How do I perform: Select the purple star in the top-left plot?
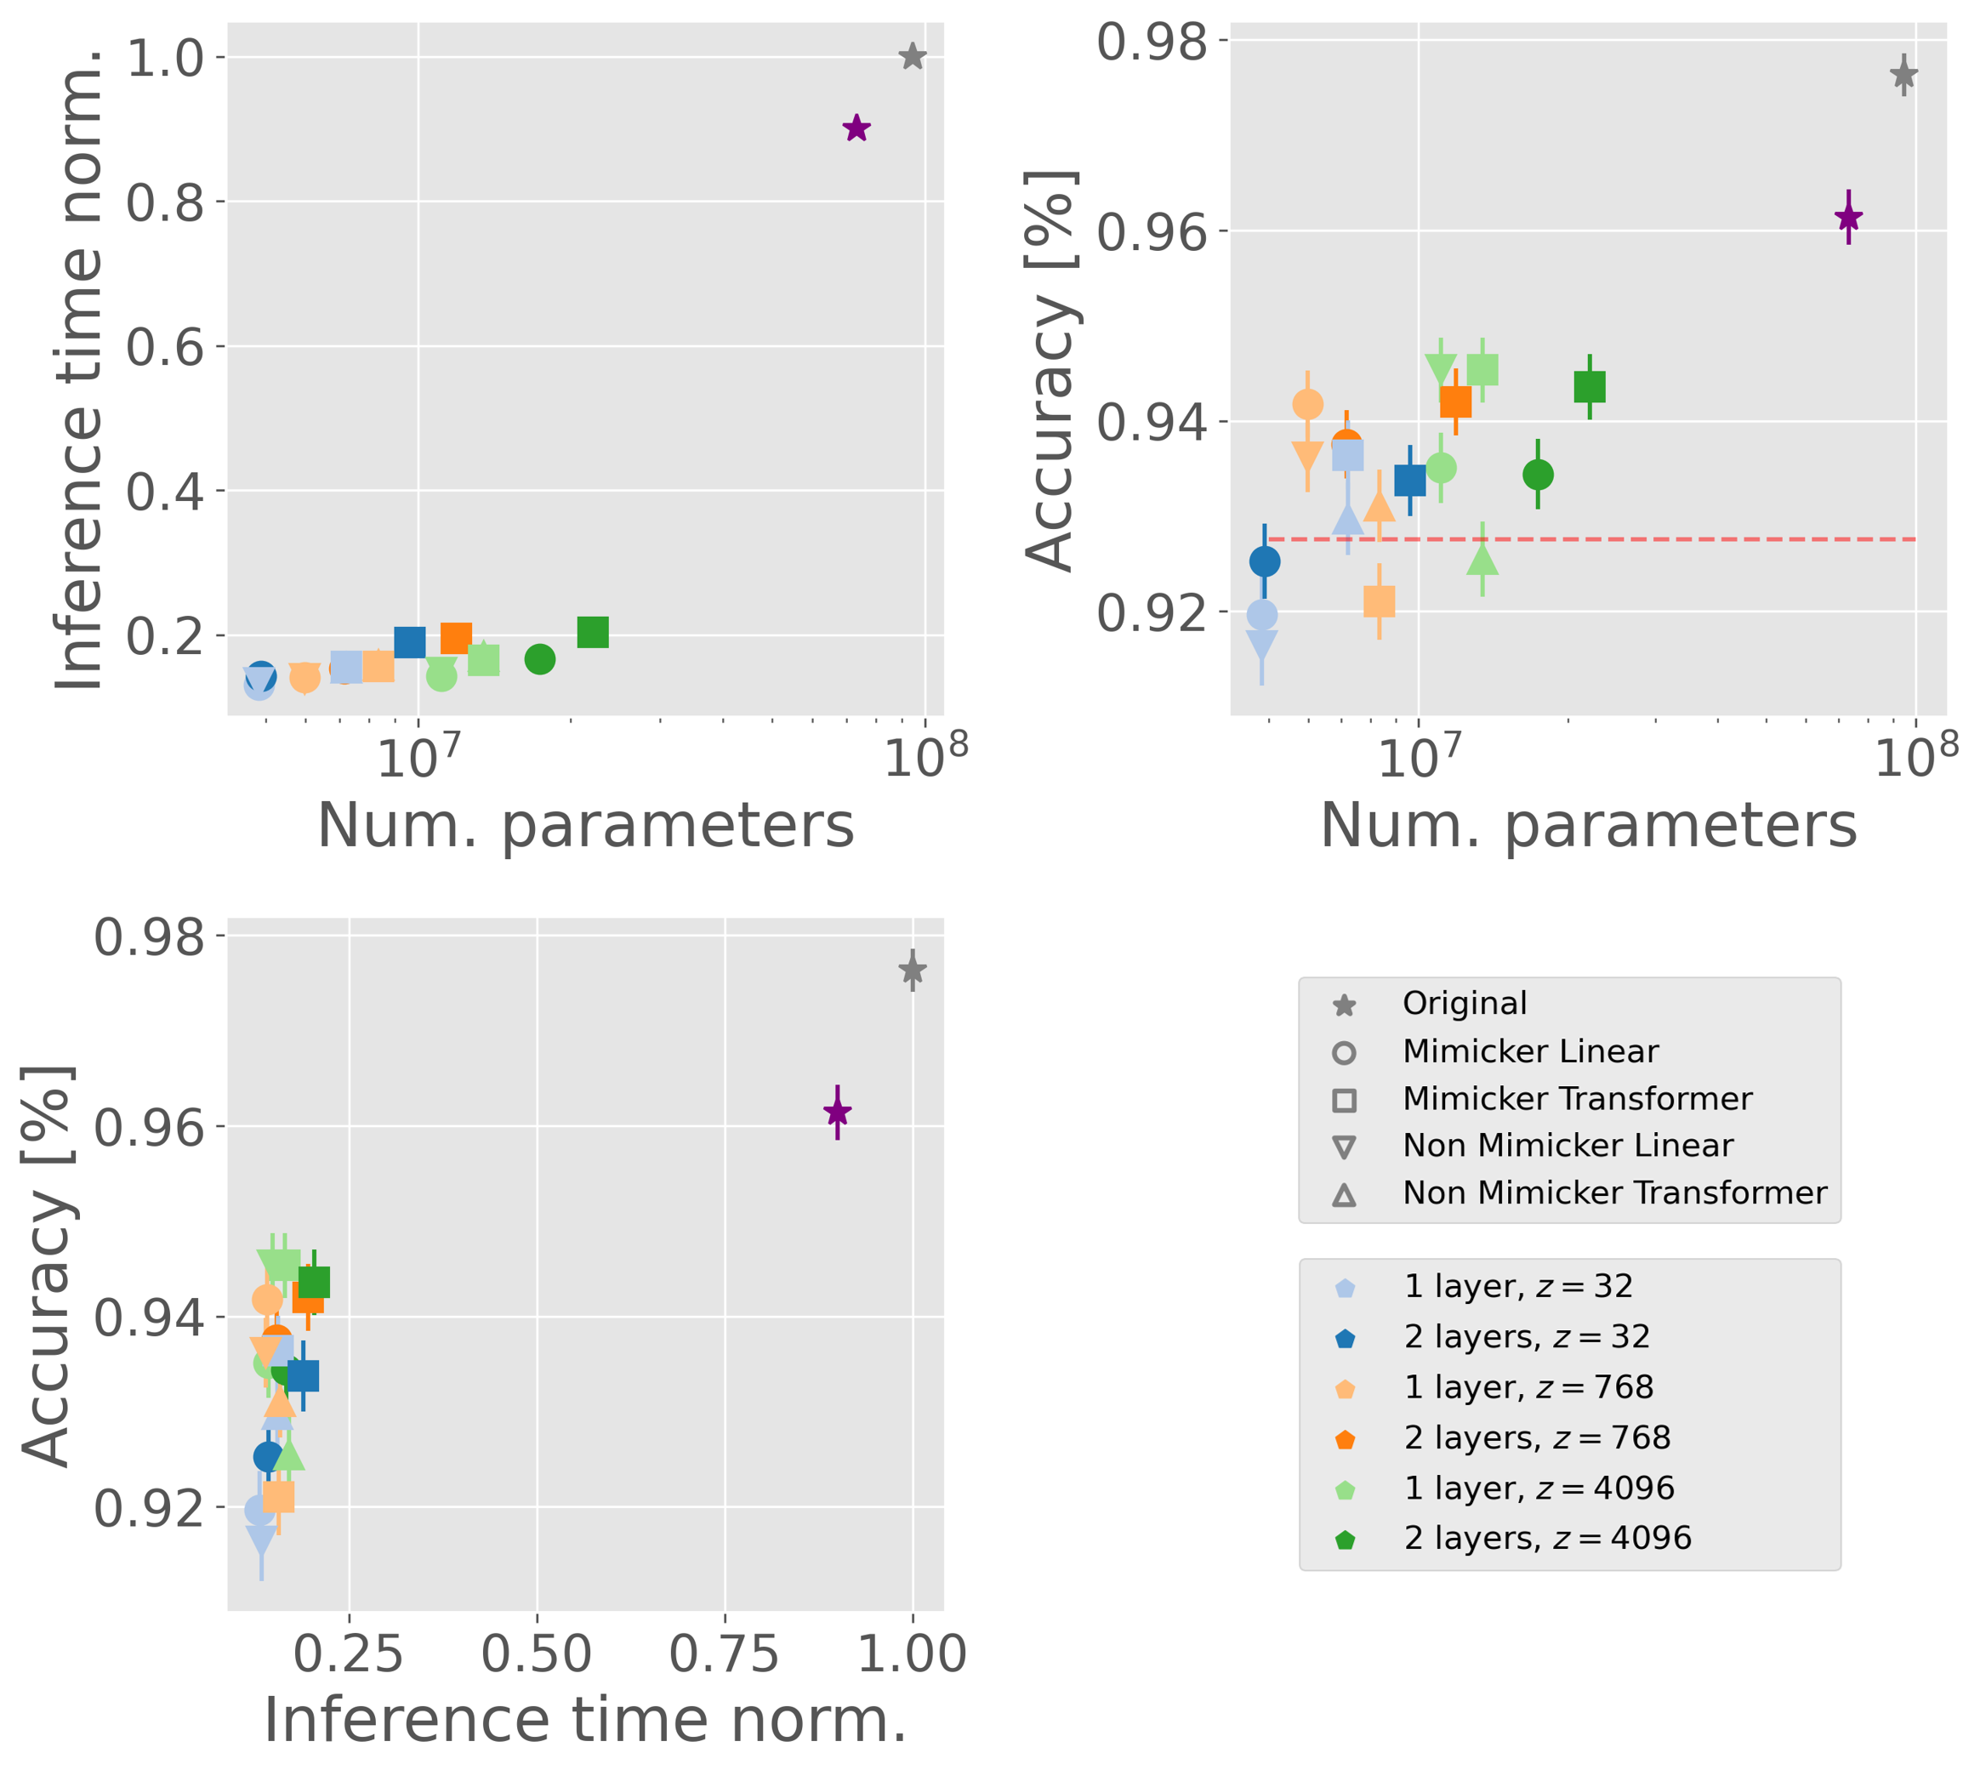856,128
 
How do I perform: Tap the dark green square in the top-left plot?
592,632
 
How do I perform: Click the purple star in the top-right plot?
1847,217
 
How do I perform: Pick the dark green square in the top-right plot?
1589,387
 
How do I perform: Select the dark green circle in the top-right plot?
1538,475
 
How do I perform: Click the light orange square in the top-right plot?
1379,602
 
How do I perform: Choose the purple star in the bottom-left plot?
837,1112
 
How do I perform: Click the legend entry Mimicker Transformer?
1575,1099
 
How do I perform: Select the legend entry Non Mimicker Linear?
1566,1146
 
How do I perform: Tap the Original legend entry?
1463,1004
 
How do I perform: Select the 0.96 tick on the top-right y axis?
1152,232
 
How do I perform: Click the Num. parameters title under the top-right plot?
1588,826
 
